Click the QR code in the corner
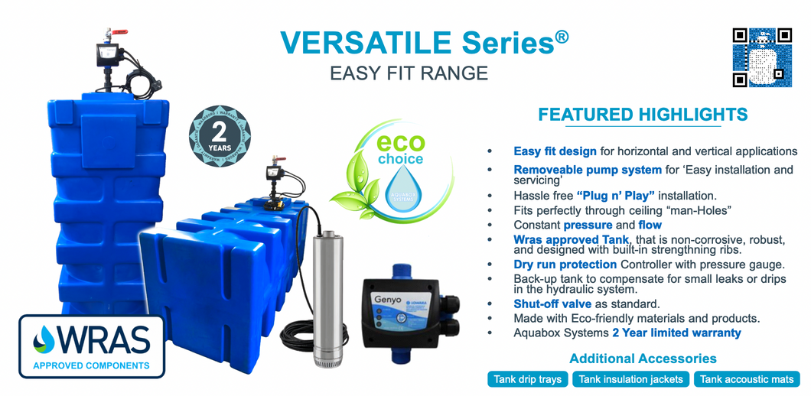pos(762,57)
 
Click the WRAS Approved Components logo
pos(92,346)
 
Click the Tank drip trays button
pos(528,379)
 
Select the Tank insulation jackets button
pos(631,379)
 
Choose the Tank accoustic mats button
pos(747,379)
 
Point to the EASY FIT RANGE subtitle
pos(409,73)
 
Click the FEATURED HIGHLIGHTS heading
pos(643,114)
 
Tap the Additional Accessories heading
pos(643,359)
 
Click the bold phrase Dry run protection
pos(565,265)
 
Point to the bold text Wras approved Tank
pos(572,239)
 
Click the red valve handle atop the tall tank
pos(119,32)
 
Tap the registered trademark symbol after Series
pos(562,36)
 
